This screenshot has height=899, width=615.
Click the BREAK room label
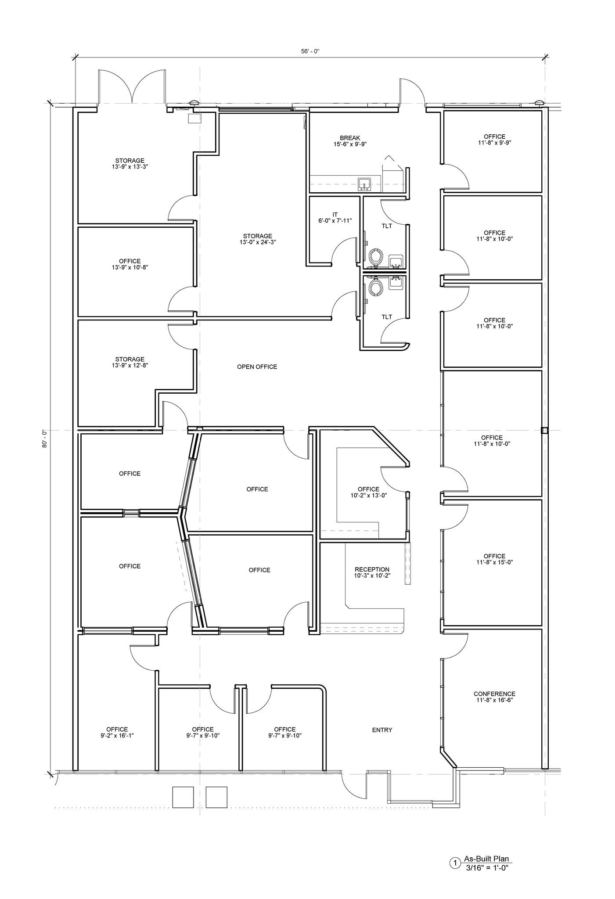click(x=349, y=138)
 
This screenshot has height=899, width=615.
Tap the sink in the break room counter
click(x=365, y=184)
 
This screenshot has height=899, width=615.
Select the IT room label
click(x=335, y=215)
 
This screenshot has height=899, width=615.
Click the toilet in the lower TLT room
click(x=375, y=288)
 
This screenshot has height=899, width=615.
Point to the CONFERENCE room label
click(x=494, y=694)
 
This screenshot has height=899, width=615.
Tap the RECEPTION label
click(x=372, y=569)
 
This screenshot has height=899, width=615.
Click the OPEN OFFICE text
click(x=257, y=367)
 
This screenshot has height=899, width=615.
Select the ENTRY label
click(x=382, y=730)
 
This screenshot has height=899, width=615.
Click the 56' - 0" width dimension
click(x=310, y=51)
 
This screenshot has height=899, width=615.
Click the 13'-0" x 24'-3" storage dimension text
click(x=258, y=242)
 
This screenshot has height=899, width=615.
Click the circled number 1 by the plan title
click(x=455, y=863)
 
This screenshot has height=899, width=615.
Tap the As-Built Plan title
click(x=486, y=859)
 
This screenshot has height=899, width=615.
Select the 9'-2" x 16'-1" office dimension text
click(x=117, y=736)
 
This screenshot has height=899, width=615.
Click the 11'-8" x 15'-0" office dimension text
click(x=494, y=562)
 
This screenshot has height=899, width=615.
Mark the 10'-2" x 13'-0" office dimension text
click(x=368, y=495)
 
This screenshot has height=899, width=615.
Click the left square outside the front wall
click(x=183, y=797)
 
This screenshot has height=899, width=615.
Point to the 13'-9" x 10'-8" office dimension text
click(x=129, y=267)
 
